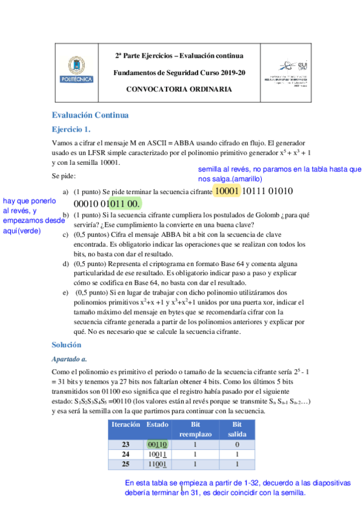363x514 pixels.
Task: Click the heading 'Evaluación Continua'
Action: tap(90, 115)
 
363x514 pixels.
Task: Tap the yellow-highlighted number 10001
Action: tap(227, 192)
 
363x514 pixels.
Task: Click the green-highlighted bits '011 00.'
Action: tap(124, 203)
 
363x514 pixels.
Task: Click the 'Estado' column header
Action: tap(158, 424)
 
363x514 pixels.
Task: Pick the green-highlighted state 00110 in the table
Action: tap(157, 444)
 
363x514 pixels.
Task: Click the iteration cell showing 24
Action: tap(125, 454)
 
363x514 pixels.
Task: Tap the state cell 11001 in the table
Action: tap(157, 464)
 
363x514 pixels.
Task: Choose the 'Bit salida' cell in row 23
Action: tap(237, 444)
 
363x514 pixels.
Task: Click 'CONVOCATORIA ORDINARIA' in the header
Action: tap(179, 89)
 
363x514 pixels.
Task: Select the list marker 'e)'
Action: tap(66, 293)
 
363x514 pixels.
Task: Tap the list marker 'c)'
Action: tap(66, 236)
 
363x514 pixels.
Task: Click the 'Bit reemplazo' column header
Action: tap(195, 429)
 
